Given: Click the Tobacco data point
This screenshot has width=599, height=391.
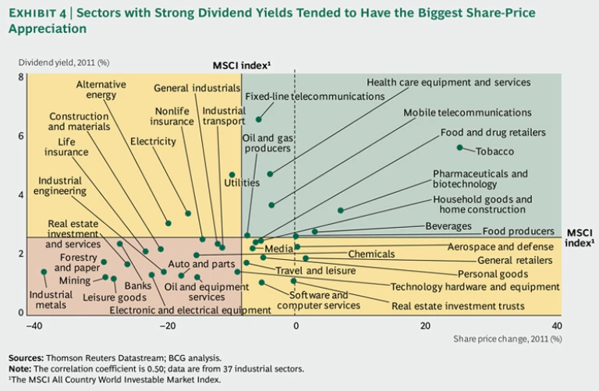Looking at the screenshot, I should [460, 148].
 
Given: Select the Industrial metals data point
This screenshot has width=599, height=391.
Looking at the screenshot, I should [44, 272].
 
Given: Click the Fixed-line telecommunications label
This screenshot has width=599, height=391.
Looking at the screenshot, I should [314, 97].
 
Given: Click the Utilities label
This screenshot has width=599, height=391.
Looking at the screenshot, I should [242, 183].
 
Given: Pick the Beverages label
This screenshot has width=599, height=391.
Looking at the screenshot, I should [448, 226].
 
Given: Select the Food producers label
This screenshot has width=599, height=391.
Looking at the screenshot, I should [518, 232].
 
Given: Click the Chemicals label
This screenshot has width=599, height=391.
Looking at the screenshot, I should [371, 254].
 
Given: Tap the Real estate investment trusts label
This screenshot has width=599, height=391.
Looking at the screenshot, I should [458, 307].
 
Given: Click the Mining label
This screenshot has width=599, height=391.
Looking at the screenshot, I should [75, 280].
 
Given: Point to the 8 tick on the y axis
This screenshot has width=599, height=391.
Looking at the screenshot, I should [20, 76].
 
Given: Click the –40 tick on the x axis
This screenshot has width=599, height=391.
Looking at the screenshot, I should [33, 326].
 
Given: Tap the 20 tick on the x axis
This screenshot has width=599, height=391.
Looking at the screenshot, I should [426, 326].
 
